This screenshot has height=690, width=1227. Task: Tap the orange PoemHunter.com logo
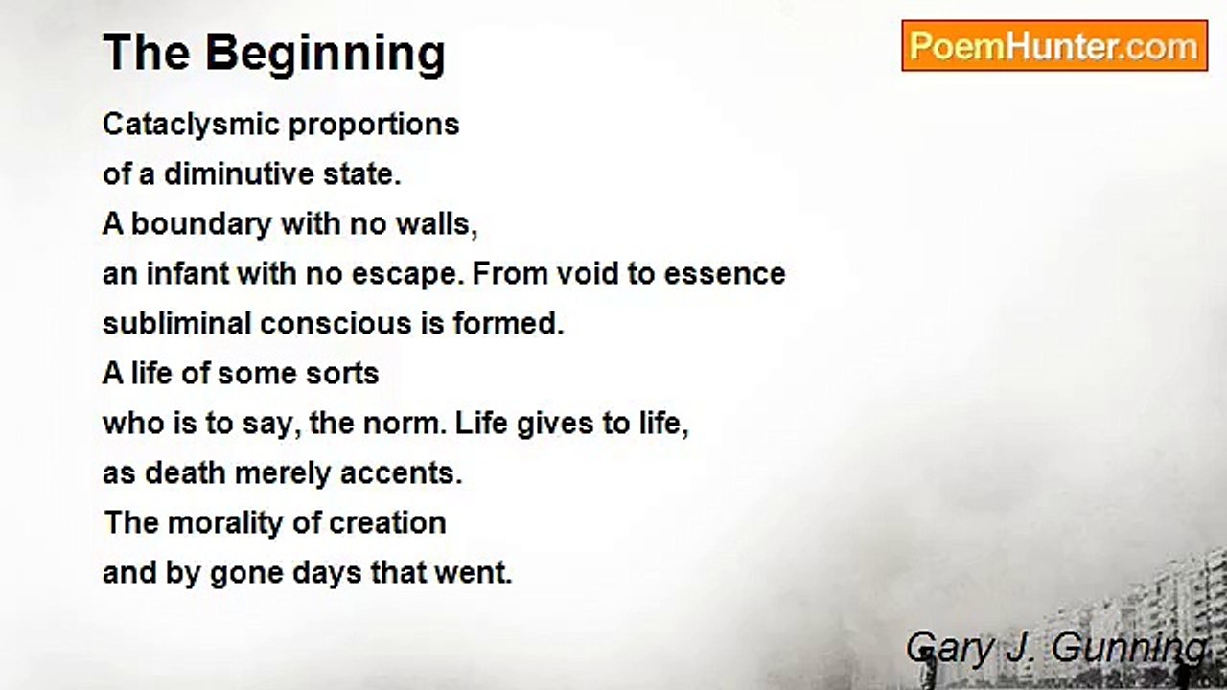pyautogui.click(x=1054, y=46)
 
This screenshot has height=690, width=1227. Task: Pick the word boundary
pyautogui.click(x=201, y=225)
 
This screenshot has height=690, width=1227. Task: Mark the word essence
pyautogui.click(x=724, y=274)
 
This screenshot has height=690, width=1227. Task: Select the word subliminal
pyautogui.click(x=176, y=324)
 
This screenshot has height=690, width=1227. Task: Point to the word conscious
pyautogui.click(x=336, y=324)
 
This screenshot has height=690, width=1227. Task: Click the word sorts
pyautogui.click(x=342, y=375)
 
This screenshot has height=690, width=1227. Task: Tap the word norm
pyautogui.click(x=405, y=424)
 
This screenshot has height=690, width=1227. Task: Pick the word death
pyautogui.click(x=185, y=473)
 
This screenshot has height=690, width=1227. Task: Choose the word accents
pyautogui.click(x=401, y=474)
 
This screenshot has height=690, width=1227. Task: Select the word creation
pyautogui.click(x=387, y=523)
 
